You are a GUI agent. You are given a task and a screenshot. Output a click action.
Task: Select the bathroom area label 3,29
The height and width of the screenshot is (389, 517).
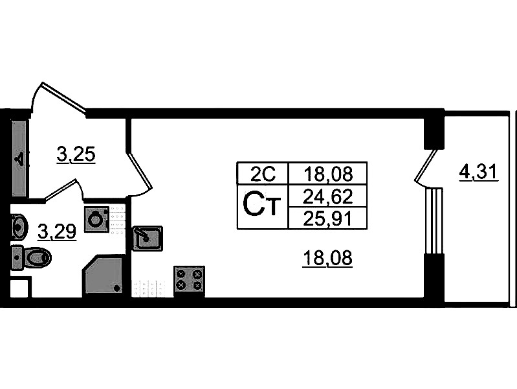(57, 231)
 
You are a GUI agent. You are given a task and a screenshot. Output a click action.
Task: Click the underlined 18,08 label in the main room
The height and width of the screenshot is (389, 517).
(327, 259)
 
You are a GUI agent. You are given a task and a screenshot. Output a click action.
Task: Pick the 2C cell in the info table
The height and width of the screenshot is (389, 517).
(263, 173)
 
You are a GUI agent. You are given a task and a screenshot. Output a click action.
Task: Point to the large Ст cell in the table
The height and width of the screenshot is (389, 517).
(262, 206)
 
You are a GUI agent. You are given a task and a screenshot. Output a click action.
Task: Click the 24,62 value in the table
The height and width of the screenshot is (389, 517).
(327, 195)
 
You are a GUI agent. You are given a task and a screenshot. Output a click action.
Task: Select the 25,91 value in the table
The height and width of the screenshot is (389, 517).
(327, 218)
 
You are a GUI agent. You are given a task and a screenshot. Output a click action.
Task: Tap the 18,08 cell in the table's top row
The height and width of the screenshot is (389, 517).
(327, 173)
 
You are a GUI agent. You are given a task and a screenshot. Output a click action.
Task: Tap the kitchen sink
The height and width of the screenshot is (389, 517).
(148, 238)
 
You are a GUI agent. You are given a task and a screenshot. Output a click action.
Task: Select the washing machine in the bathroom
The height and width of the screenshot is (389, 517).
(96, 219)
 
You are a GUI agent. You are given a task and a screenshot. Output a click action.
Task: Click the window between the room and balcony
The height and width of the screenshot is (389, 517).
(433, 220)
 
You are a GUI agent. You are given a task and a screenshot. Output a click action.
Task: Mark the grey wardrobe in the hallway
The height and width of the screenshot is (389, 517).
(19, 158)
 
